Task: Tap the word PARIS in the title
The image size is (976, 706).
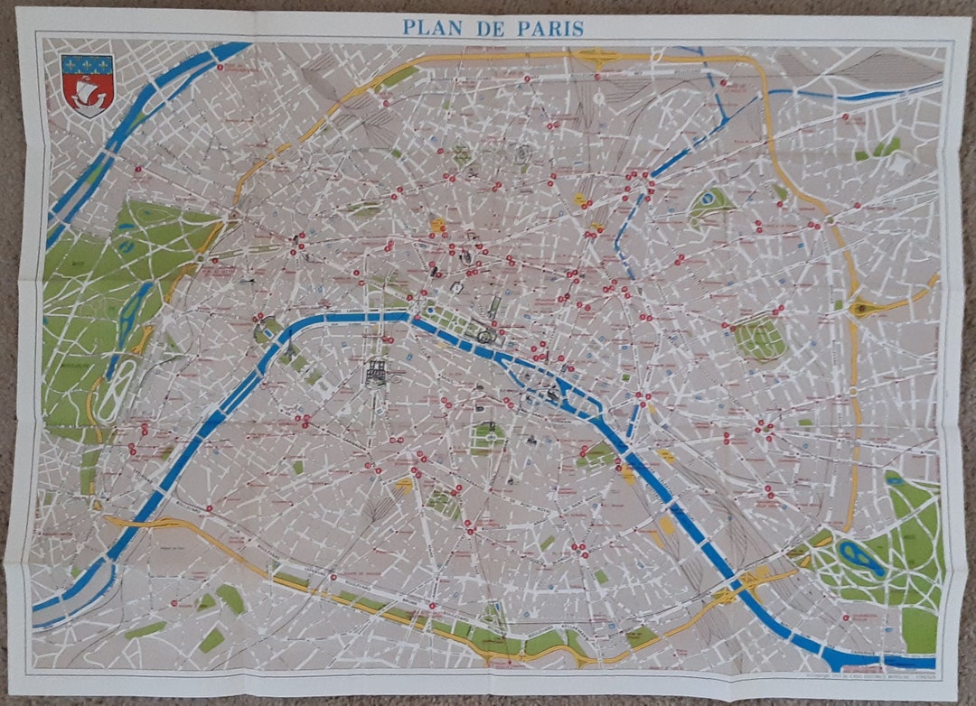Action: point(550,28)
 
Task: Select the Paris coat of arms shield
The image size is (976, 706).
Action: point(88,85)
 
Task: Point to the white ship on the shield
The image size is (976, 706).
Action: point(88,93)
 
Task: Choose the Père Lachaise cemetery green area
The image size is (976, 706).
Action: point(759,339)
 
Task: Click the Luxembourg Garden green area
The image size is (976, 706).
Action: point(488,439)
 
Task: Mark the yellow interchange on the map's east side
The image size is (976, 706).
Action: point(862,308)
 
